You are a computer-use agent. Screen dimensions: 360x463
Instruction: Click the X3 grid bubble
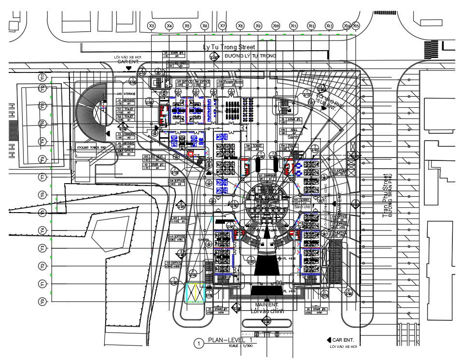point(152,26)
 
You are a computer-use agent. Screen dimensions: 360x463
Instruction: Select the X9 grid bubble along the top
point(258,26)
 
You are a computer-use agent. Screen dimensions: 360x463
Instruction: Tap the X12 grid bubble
point(311,26)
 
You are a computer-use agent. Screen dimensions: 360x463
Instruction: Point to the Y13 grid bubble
point(42,77)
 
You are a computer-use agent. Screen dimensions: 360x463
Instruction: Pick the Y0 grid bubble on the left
point(42,302)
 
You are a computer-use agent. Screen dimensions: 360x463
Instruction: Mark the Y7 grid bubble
point(42,177)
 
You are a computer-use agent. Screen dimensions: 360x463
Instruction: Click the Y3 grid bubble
point(42,248)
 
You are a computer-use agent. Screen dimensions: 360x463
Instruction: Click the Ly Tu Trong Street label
point(229,47)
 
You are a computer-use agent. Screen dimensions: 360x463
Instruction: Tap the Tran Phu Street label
point(385,195)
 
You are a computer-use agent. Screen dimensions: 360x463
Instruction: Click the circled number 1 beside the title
point(198,344)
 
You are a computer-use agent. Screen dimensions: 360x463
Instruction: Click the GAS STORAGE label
point(126,93)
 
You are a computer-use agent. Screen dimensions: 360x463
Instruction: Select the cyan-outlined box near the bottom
point(195,293)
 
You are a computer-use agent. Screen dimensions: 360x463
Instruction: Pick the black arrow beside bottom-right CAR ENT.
point(329,340)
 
